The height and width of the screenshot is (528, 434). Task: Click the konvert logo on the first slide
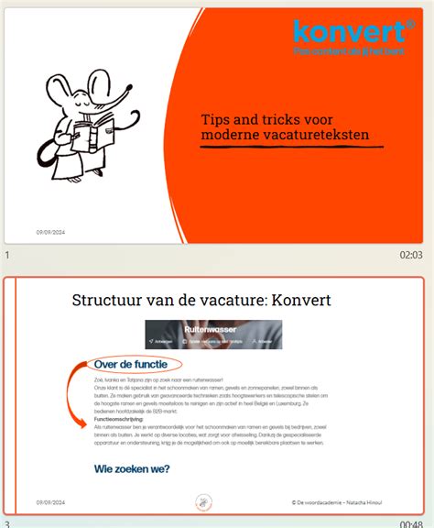click(349, 33)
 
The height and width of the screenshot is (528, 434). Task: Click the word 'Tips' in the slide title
click(217, 120)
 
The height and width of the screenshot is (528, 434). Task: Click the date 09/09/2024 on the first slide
click(50, 232)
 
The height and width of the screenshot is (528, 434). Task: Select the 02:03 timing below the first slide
click(411, 256)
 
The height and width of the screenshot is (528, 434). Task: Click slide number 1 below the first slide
click(7, 256)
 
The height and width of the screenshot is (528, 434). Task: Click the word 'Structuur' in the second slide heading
click(109, 299)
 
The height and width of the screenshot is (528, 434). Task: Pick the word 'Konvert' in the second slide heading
click(298, 299)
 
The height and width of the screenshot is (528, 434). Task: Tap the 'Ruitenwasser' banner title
click(204, 326)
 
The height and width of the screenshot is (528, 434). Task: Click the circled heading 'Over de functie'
click(136, 365)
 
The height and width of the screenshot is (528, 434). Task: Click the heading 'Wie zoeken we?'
click(132, 469)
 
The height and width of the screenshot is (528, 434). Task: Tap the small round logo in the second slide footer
click(204, 501)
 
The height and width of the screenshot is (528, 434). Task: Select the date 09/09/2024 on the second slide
click(50, 502)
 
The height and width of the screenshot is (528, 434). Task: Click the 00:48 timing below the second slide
click(411, 524)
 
